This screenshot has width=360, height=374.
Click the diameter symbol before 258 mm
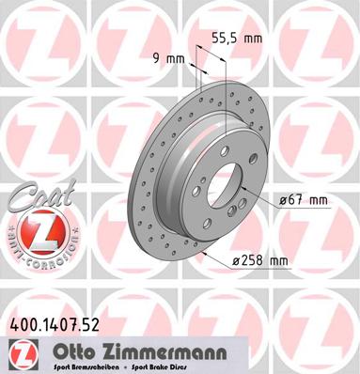[235, 260]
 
